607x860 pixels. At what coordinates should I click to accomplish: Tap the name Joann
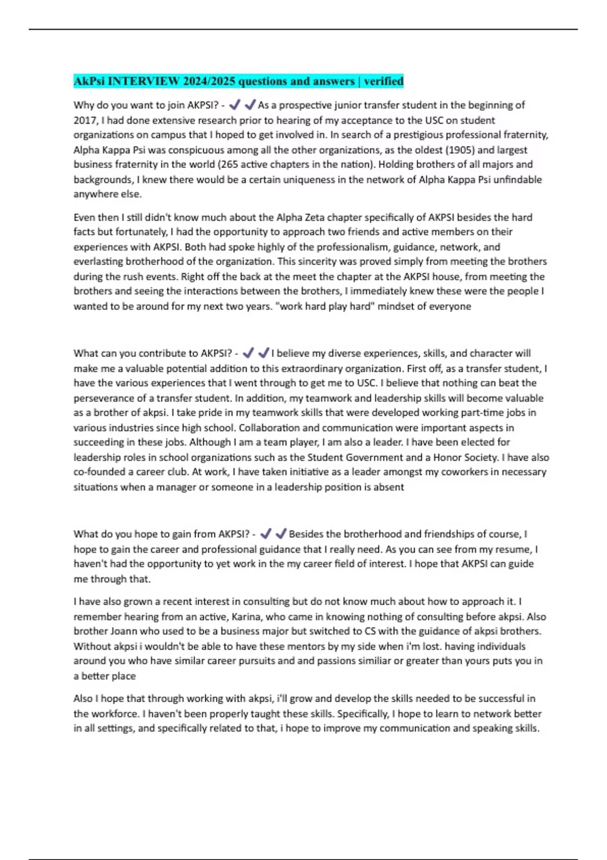point(123,631)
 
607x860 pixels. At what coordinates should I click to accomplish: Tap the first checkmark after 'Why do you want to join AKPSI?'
point(235,105)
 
